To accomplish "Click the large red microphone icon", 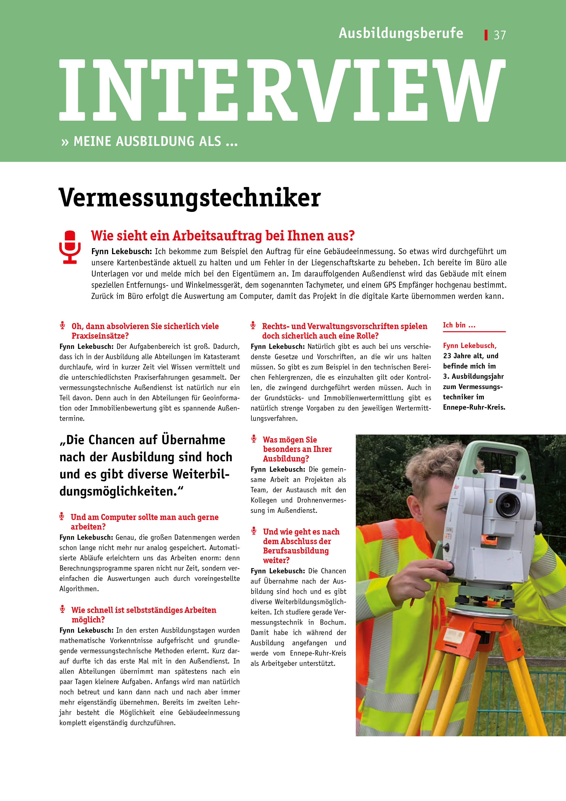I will pyautogui.click(x=70, y=247).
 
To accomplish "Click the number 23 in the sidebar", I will pyautogui.click(x=447, y=356).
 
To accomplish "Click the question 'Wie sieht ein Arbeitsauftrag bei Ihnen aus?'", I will pyautogui.click(x=223, y=236).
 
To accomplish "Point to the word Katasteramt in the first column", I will pyautogui.click(x=217, y=357).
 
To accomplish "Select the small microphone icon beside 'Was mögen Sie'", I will pyautogui.click(x=254, y=439).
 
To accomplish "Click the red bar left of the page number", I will pyautogui.click(x=486, y=35).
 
